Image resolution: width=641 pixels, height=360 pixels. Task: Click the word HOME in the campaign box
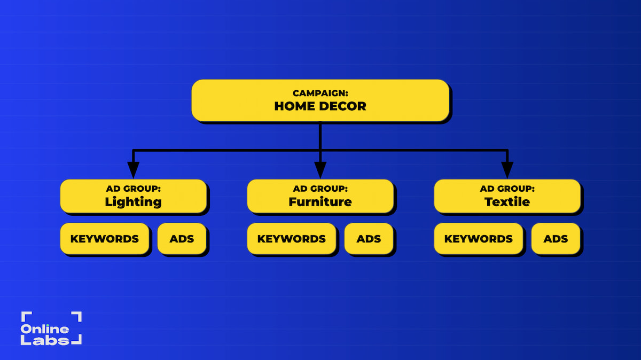pos(295,106)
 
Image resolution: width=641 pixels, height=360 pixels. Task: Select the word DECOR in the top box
pos(342,106)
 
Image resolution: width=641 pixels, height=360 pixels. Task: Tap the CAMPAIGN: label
pos(320,93)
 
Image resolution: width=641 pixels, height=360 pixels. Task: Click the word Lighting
pos(134,202)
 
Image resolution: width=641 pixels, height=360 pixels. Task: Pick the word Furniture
pos(320,202)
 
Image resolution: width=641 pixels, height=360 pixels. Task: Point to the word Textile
pos(507,202)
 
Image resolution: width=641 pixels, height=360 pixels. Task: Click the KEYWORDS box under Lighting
pos(105,239)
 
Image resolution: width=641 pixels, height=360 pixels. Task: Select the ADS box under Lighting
pos(182,239)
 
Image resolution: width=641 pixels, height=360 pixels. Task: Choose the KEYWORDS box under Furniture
pos(292,239)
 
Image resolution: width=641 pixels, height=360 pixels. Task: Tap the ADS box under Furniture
pos(369,239)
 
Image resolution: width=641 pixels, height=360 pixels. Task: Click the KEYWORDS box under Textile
pos(479,239)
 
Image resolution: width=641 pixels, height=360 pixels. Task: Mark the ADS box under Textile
pos(556,239)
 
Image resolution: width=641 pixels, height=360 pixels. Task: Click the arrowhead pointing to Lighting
pos(134,170)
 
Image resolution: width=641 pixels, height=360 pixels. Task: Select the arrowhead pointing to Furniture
pos(320,170)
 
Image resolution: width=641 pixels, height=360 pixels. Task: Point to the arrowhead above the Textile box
pos(507,170)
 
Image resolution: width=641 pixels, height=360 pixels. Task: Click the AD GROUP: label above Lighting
pos(134,189)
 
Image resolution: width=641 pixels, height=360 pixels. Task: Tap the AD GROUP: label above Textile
pos(507,189)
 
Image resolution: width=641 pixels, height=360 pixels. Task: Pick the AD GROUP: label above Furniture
pos(320,189)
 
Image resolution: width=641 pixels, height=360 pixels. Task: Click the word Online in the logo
pos(45,329)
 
